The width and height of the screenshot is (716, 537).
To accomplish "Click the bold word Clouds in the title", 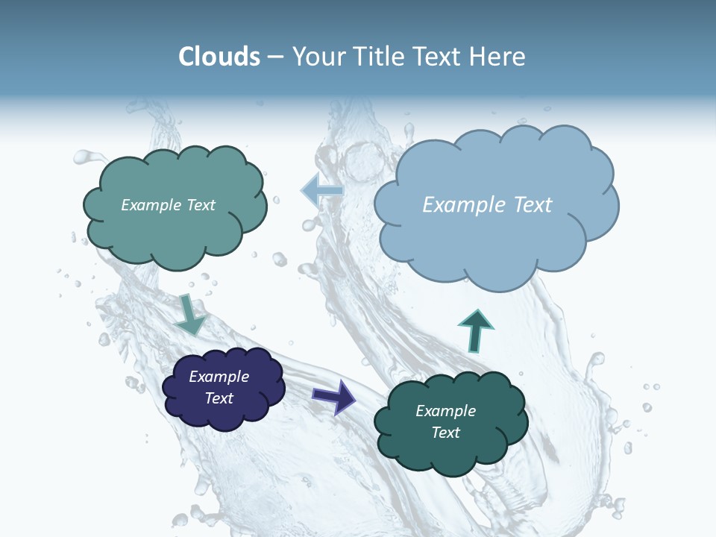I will pyautogui.click(x=219, y=57).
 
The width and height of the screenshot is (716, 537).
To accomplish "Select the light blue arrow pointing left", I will pyautogui.click(x=321, y=191).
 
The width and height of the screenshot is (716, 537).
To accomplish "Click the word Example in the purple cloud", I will pyautogui.click(x=219, y=377).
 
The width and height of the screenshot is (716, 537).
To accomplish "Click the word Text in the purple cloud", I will pyautogui.click(x=219, y=398).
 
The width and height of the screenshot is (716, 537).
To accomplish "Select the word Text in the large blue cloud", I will pyautogui.click(x=533, y=205).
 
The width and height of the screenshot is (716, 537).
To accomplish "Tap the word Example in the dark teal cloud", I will pyautogui.click(x=445, y=411).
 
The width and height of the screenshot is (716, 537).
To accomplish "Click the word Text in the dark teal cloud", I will pyautogui.click(x=446, y=433).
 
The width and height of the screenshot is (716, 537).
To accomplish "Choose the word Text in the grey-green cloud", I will pyautogui.click(x=200, y=205).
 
